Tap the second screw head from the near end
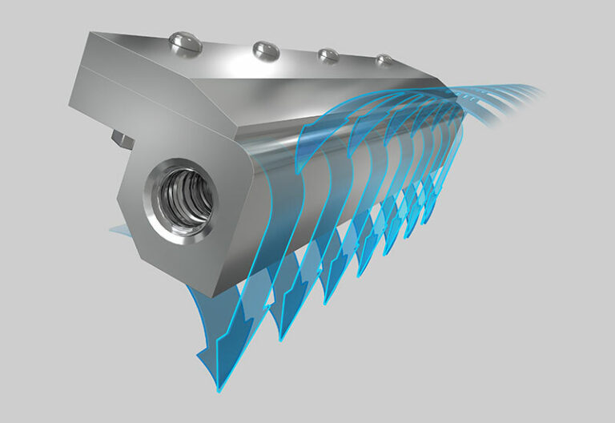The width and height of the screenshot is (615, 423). click(x=265, y=50)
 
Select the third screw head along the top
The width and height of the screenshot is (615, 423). click(x=327, y=55)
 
